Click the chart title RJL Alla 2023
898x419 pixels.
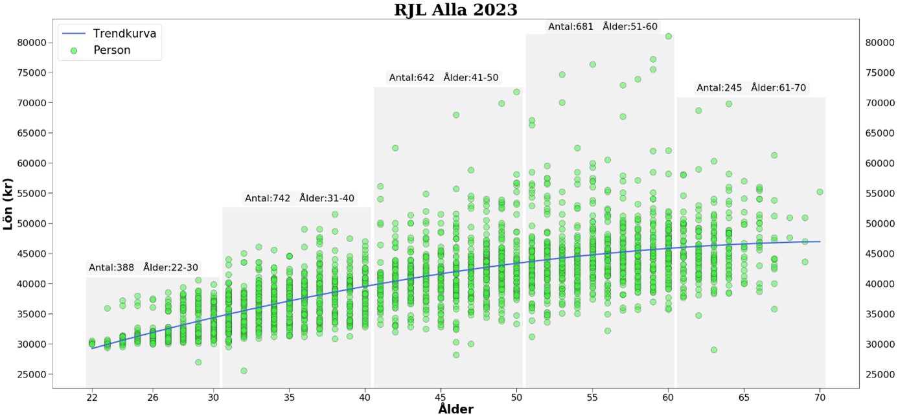(x=455, y=10)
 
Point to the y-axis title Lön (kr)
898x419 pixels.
(x=8, y=203)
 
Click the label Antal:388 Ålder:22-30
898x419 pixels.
(x=144, y=267)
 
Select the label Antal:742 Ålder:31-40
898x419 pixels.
(x=299, y=198)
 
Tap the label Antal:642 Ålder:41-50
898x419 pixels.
(x=444, y=78)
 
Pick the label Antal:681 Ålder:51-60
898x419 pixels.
(x=603, y=27)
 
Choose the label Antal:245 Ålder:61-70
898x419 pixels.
(x=752, y=88)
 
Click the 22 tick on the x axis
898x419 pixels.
(x=92, y=398)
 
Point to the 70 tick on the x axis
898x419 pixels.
(x=820, y=398)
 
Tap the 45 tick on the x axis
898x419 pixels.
(x=441, y=398)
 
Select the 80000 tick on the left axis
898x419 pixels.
(x=32, y=43)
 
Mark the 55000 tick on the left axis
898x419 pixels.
(x=32, y=194)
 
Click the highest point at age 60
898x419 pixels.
(x=668, y=36)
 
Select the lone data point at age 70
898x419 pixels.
(x=820, y=192)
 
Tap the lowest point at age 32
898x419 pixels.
(x=244, y=370)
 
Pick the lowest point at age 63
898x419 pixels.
(x=713, y=350)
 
